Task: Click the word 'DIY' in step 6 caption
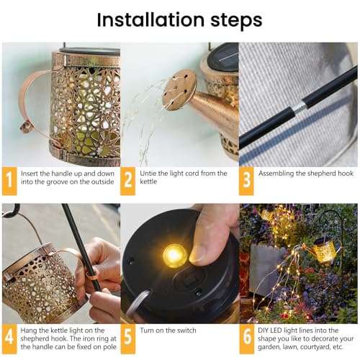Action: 266,328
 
